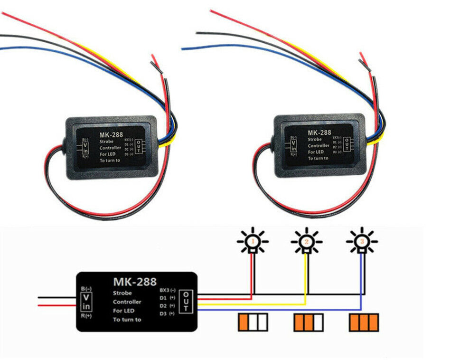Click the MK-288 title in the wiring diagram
[135, 282]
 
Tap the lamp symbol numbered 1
[253, 241]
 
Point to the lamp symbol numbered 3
[362, 241]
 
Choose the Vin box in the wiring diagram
[86, 301]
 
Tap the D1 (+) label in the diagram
[167, 298]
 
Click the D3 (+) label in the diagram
[167, 313]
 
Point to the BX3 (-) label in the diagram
[168, 290]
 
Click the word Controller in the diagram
[127, 302]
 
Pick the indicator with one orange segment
[253, 322]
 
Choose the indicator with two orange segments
[309, 322]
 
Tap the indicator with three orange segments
[364, 322]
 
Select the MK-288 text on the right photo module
[319, 133]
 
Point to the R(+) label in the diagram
[85, 315]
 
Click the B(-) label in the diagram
[86, 288]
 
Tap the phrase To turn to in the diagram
[127, 320]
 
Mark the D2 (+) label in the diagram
[167, 306]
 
